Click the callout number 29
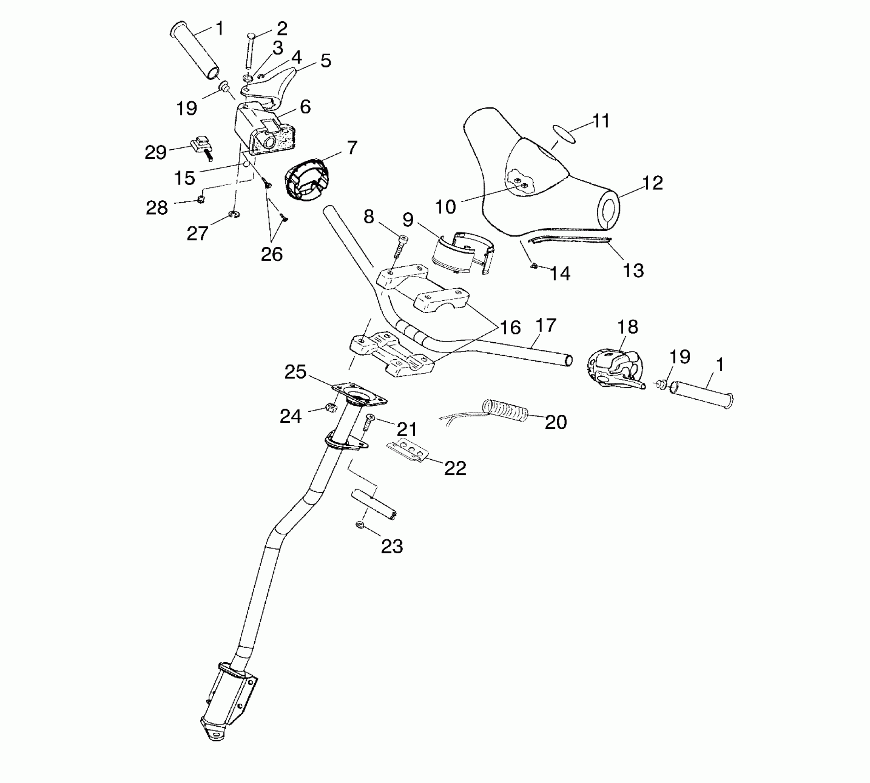click(155, 152)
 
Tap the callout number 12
click(652, 183)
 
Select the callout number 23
click(392, 547)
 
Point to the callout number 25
click(295, 372)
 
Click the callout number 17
click(546, 326)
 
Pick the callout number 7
click(351, 148)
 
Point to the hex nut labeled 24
click(330, 407)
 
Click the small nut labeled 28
click(201, 199)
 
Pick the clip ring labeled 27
click(234, 214)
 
